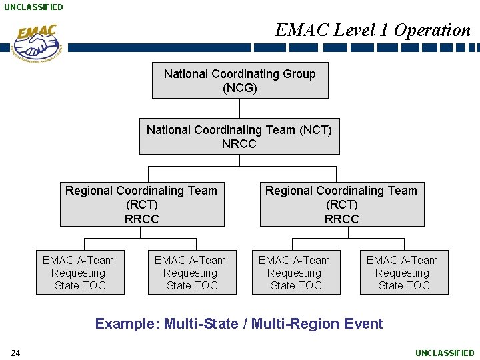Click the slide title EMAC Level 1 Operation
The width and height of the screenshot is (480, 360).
(x=373, y=30)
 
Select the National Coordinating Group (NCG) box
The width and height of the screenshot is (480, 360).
(x=240, y=81)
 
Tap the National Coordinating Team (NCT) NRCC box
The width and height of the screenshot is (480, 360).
(x=239, y=136)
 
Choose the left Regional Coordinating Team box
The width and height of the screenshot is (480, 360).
(x=141, y=205)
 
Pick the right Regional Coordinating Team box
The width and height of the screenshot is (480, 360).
(x=341, y=205)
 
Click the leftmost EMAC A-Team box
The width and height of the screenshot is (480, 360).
(x=79, y=273)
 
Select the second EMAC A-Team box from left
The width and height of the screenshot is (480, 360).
(x=191, y=273)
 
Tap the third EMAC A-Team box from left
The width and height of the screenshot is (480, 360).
(x=295, y=273)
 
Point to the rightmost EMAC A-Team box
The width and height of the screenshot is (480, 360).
(x=403, y=273)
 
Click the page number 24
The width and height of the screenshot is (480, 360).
(x=15, y=353)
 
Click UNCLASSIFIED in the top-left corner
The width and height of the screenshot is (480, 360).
(x=33, y=7)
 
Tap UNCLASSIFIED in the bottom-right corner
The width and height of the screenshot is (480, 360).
(x=445, y=353)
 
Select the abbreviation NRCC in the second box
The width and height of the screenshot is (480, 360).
(x=239, y=144)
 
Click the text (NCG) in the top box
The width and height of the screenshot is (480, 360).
(x=240, y=88)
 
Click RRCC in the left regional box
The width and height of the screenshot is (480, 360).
(x=141, y=219)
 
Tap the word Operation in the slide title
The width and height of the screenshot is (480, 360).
(x=432, y=30)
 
